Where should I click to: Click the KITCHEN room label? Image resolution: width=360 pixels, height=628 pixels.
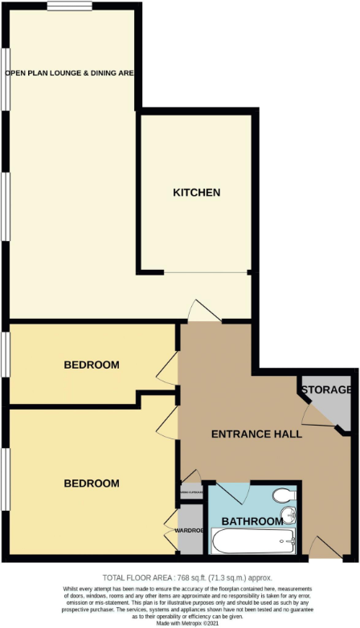pos(197,193)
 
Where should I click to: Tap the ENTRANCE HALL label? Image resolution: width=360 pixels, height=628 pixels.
pos(256,434)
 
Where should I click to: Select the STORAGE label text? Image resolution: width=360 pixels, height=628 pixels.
pos(326,390)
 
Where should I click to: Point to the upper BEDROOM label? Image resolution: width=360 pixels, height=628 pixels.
pos(91,365)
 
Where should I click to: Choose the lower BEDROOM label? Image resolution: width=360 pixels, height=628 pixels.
pos(91,483)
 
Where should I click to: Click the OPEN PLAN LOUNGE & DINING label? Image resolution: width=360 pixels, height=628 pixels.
pos(69,72)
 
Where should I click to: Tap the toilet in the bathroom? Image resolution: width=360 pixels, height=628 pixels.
pos(284,495)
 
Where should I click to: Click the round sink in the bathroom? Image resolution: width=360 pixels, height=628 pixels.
pos(288,516)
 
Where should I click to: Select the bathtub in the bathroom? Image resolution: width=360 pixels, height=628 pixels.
pos(252,540)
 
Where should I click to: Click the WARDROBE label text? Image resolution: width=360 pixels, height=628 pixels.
pos(190,530)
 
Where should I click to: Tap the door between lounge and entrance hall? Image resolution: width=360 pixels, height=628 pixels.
pos(200,312)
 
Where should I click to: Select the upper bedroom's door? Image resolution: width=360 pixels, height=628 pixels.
pos(168,369)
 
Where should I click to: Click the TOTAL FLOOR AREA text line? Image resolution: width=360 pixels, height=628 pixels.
pos(187,578)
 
